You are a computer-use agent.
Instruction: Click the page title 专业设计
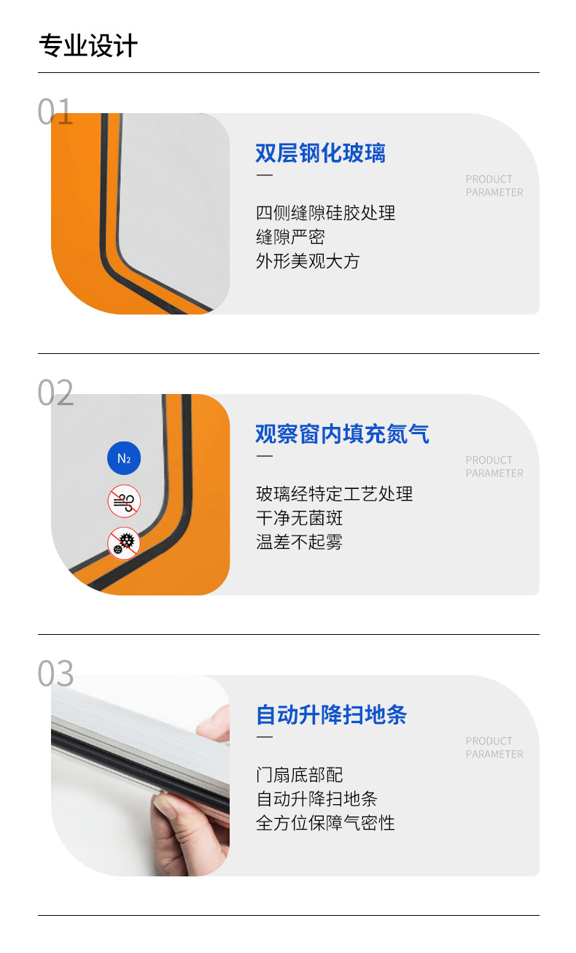[x=88, y=45]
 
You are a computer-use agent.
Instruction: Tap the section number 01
[x=55, y=112]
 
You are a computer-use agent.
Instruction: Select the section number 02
[x=55, y=393]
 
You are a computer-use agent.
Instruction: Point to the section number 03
[x=55, y=674]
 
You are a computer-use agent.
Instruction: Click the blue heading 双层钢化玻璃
[x=321, y=153]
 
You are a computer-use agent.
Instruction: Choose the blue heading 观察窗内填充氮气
[x=342, y=434]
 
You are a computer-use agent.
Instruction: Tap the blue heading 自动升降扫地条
[x=332, y=715]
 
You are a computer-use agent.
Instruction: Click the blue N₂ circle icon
[x=124, y=458]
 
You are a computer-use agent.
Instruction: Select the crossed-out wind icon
[x=124, y=501]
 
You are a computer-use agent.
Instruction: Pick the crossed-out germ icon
[x=124, y=544]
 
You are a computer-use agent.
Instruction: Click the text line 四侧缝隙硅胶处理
[x=326, y=213]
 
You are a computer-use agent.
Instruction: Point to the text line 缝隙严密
[x=290, y=237]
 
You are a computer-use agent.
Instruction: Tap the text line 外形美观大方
[x=308, y=261]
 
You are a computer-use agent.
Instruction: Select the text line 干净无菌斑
[x=299, y=518]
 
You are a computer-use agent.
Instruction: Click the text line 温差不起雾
[x=299, y=542]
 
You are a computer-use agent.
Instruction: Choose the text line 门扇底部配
[x=299, y=775]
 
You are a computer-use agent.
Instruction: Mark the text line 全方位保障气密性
[x=326, y=823]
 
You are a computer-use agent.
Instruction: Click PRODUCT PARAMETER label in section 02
[x=494, y=467]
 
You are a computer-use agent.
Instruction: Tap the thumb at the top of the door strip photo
[x=214, y=720]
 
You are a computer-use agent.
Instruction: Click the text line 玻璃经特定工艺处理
[x=334, y=494]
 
